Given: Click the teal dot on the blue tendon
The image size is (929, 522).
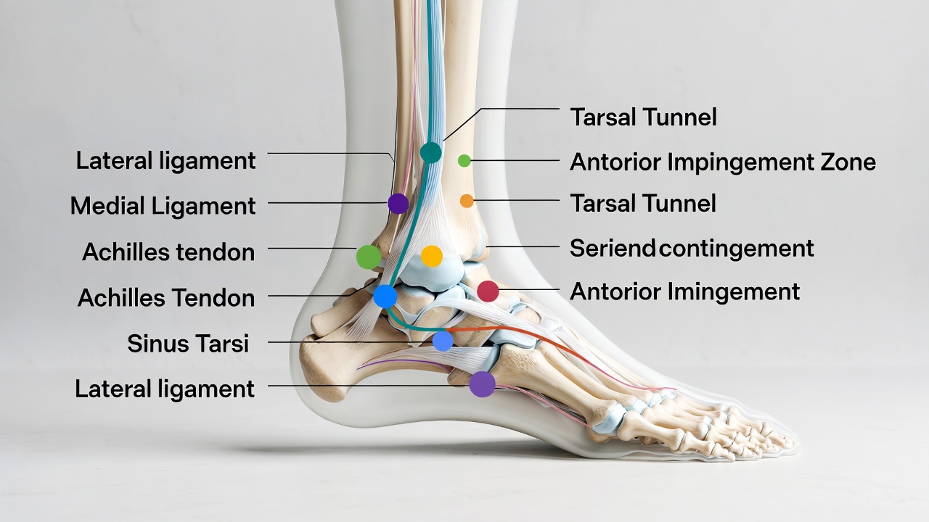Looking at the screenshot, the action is (431, 152).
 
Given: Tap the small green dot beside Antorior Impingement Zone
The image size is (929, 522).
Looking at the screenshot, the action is (464, 161).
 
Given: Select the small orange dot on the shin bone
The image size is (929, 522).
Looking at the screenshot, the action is (467, 201).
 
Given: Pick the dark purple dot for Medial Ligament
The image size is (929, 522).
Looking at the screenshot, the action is (398, 204).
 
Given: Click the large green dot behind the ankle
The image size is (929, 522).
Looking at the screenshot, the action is (369, 257).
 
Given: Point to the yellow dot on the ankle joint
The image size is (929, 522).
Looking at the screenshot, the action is (432, 256).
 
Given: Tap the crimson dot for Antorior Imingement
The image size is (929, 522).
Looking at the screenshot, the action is (488, 291).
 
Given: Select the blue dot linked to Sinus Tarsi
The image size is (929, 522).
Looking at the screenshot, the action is (443, 341).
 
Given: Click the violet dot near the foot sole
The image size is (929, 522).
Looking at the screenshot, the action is (483, 384).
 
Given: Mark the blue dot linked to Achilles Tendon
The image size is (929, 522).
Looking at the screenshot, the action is (385, 297).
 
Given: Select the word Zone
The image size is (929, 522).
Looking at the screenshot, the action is (848, 162).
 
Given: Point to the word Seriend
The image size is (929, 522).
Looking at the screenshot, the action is (612, 248).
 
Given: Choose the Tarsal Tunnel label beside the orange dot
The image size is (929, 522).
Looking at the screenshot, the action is (643, 204).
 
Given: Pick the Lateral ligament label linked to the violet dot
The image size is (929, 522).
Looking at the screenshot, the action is (165, 389).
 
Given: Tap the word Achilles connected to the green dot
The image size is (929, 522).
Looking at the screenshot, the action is (126, 252).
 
